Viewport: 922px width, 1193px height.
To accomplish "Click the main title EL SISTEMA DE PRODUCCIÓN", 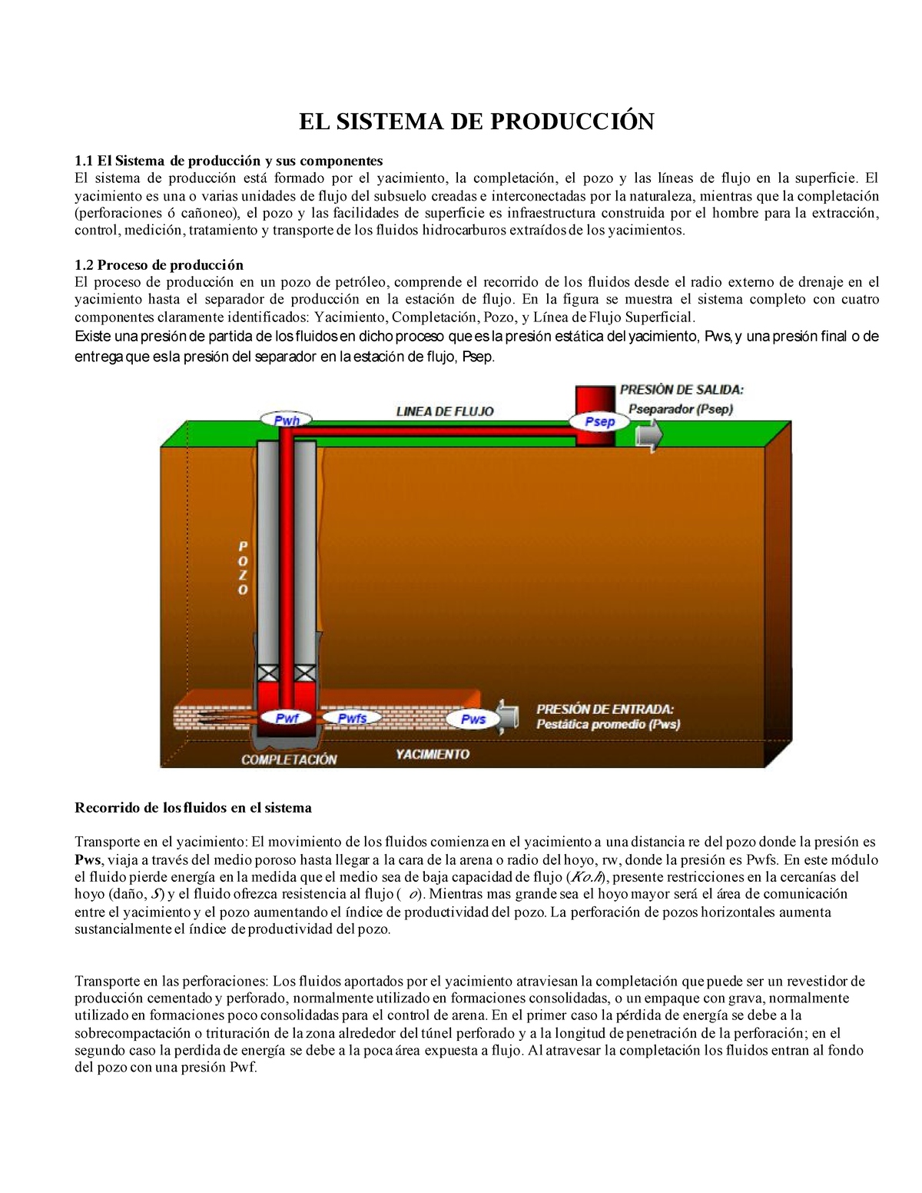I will (476, 121).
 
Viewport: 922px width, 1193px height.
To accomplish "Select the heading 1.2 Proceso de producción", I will (159, 265).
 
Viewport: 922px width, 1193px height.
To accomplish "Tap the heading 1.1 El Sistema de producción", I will (228, 161).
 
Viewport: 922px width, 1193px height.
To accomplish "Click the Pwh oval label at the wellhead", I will (287, 420).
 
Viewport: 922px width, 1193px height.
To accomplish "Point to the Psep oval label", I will (599, 421).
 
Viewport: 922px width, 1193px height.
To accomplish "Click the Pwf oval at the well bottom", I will (287, 718).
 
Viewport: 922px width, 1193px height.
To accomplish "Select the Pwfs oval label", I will (352, 718).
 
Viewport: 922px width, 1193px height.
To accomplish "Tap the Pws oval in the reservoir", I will (473, 719).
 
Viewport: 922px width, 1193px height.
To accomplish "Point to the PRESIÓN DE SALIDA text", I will (682, 390).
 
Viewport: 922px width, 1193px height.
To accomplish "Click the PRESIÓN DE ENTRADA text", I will (605, 709).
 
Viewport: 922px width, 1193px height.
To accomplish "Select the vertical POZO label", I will (243, 568).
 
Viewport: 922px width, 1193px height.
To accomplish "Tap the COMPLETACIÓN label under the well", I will (289, 759).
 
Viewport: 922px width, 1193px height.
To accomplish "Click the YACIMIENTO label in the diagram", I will (433, 754).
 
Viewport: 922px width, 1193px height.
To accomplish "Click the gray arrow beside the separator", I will (649, 436).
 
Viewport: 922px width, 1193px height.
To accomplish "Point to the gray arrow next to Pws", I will (508, 717).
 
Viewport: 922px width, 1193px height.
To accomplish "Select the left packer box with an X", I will (268, 672).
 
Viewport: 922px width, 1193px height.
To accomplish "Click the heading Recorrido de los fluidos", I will (193, 808).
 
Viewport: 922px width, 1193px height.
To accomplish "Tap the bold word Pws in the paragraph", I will (88, 859).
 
